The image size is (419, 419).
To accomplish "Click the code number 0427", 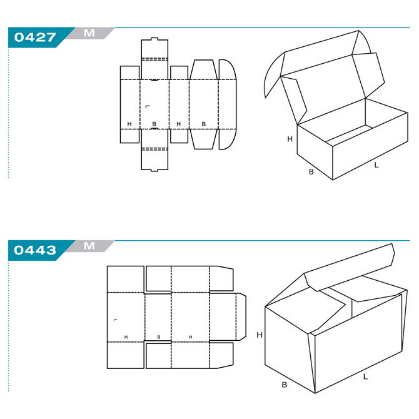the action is click(35, 37).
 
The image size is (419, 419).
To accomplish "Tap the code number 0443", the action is click(35, 250).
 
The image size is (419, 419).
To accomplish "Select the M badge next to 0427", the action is click(89, 33).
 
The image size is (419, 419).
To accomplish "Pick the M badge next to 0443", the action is click(89, 246).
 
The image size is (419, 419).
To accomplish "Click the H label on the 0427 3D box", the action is click(290, 139).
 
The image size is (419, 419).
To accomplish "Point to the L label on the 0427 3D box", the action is click(376, 165).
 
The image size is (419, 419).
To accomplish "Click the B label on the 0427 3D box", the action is click(311, 171).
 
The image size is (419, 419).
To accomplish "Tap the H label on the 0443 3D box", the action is click(260, 335).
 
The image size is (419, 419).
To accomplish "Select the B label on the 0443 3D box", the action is click(285, 385).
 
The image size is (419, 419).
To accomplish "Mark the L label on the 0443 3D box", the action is click(365, 376).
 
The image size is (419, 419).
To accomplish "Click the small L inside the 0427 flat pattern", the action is click(148, 106).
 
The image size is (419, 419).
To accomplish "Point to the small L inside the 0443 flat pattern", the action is click(116, 320).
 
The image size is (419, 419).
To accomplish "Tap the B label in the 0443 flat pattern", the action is click(159, 337).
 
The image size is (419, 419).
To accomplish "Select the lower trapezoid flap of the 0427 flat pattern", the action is click(203, 139).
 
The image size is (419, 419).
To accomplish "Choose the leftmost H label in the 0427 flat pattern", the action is click(129, 124).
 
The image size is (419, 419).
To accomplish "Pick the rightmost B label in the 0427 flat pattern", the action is click(204, 124).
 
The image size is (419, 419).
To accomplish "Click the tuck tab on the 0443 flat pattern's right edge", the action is click(241, 316).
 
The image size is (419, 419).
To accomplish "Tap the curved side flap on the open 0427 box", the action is click(273, 75).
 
